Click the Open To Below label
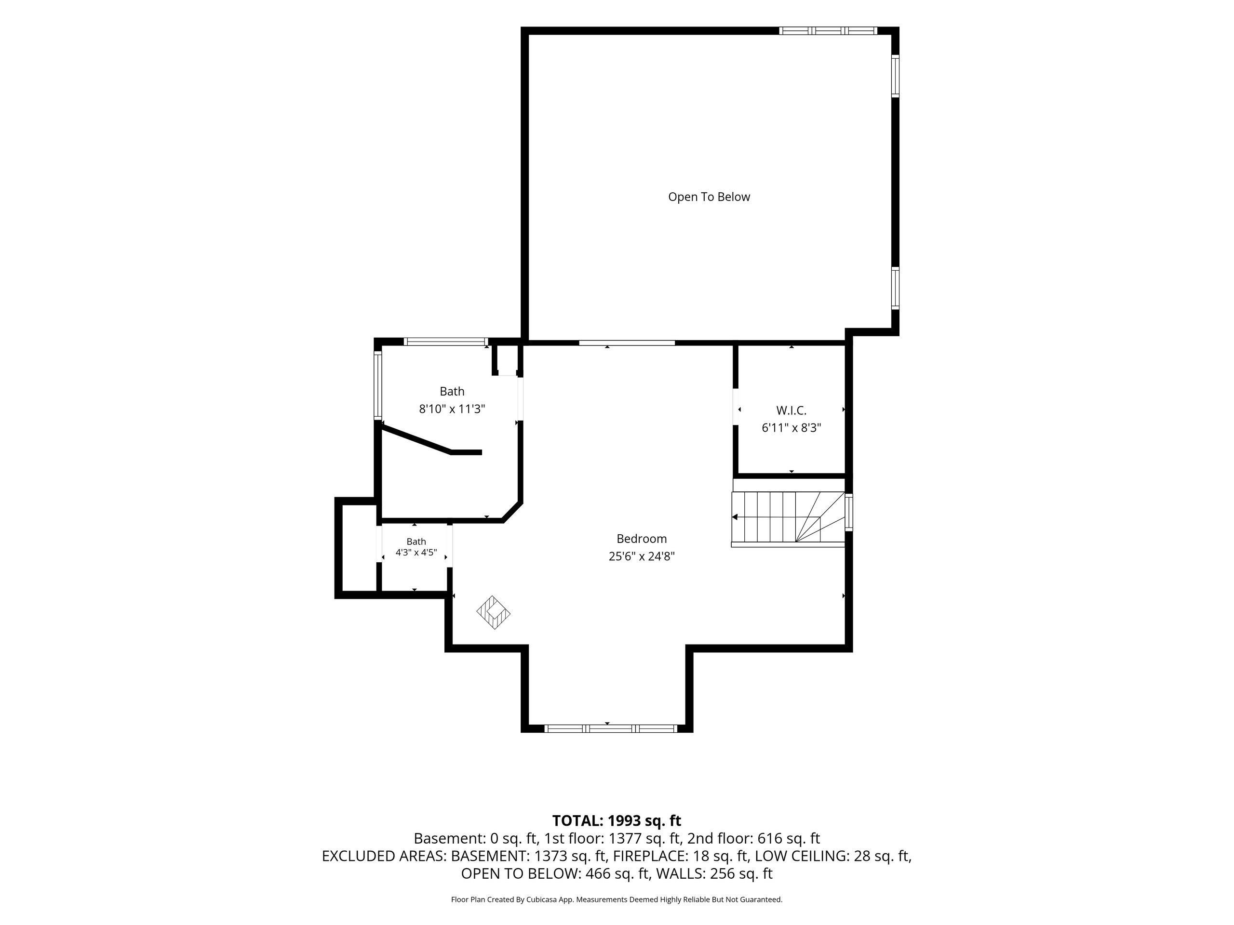709,197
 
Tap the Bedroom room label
642,539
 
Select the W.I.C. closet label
791,410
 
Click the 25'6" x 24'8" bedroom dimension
642,556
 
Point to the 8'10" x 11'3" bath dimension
452,409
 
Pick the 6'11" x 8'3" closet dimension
791,428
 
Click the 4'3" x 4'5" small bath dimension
416,553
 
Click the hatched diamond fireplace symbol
494,613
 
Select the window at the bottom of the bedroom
610,728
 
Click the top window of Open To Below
828,31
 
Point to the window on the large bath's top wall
446,342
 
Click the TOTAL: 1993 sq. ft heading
617,821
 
